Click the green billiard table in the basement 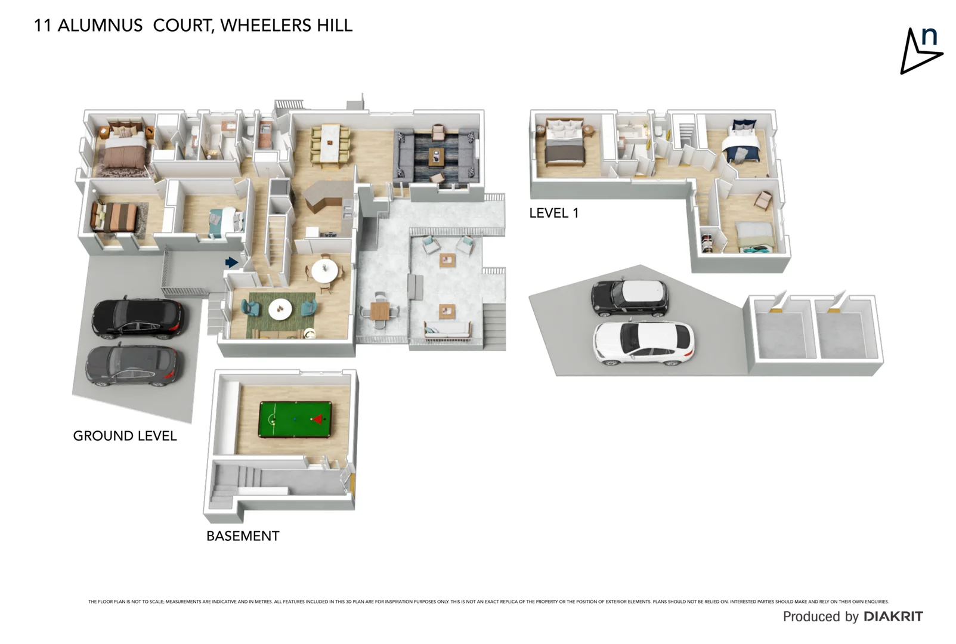295,419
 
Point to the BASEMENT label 243,536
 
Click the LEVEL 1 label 553,213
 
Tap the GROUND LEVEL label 125,436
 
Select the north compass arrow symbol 918,52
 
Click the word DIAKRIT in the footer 893,617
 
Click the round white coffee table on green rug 279,309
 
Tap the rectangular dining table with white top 329,143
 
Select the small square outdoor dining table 379,311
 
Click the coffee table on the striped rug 437,157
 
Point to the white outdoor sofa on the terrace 448,329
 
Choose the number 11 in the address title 42,26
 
